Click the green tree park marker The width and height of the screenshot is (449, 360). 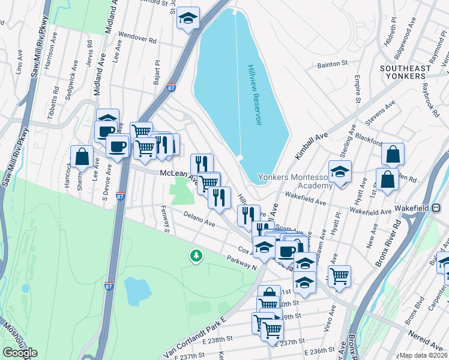click(x=196, y=256)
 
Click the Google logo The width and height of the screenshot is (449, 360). click(x=20, y=353)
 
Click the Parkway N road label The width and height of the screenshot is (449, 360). click(x=241, y=263)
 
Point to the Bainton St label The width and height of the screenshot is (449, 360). click(x=333, y=64)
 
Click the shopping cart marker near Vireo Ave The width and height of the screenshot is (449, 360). click(x=340, y=276)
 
